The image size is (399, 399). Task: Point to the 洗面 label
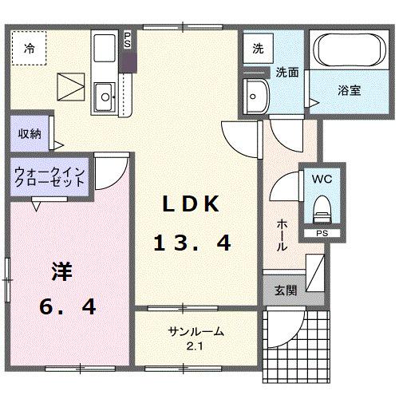287,72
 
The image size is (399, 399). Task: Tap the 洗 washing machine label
258,48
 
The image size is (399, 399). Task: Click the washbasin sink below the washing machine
257,97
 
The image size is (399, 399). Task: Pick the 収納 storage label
30,133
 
